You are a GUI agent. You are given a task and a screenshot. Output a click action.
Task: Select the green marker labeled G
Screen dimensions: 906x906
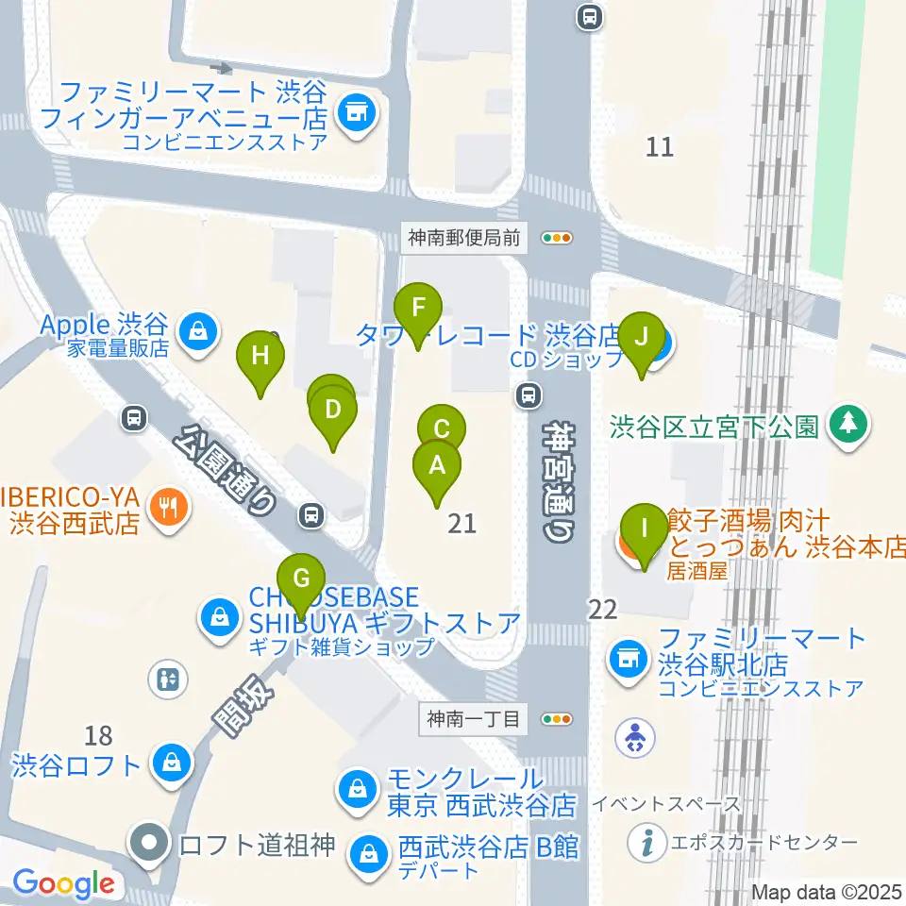[x=301, y=579]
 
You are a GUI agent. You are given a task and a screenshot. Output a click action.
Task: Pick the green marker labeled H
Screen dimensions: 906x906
[x=261, y=356]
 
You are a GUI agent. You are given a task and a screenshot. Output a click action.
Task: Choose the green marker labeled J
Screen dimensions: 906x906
[x=642, y=337]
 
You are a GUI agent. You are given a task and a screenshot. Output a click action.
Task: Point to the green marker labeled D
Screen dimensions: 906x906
[x=332, y=410]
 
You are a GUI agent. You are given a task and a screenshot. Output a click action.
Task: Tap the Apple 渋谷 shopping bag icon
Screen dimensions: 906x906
[x=198, y=331]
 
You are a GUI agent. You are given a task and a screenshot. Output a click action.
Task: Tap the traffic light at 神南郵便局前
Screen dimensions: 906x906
[x=557, y=238]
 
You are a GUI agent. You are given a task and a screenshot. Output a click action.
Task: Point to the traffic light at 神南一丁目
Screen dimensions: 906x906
[x=557, y=719]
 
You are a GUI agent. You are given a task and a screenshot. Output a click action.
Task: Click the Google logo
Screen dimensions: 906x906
[x=64, y=884]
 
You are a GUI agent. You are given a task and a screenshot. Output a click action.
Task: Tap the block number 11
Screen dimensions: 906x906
[x=661, y=146]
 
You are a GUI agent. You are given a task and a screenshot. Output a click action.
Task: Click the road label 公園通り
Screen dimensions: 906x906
[x=226, y=469]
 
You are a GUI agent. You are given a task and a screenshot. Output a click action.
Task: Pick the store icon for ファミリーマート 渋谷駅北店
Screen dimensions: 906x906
[x=627, y=658]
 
